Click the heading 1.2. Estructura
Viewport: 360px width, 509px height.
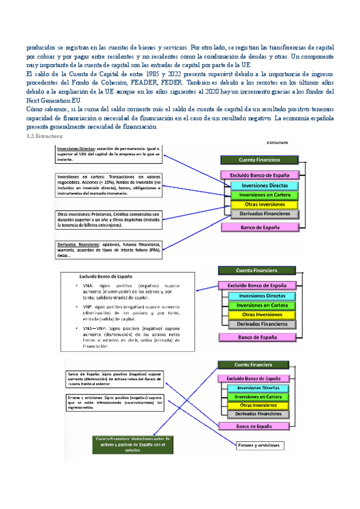pyautogui.click(x=46, y=137)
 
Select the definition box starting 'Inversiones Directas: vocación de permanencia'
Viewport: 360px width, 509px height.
pyautogui.click(x=108, y=154)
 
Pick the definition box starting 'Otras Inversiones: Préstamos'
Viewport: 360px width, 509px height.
pyautogui.click(x=108, y=219)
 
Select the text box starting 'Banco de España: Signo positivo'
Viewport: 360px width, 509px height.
pyautogui.click(x=114, y=379)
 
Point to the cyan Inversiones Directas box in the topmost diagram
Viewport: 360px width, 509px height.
pyautogui.click(x=263, y=185)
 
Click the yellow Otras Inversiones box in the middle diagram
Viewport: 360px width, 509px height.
pyautogui.click(x=262, y=315)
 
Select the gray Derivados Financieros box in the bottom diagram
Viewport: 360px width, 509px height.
pyautogui.click(x=259, y=414)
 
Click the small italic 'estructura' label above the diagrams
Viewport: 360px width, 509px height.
pyautogui.click(x=278, y=143)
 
